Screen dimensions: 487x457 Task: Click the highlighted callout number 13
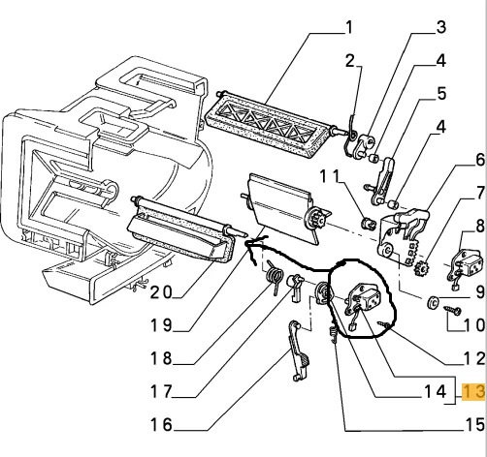click(x=474, y=391)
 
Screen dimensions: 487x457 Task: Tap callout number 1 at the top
click(x=348, y=27)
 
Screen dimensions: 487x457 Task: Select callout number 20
click(x=161, y=292)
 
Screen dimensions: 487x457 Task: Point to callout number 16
click(x=161, y=424)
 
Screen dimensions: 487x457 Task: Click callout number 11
click(x=330, y=177)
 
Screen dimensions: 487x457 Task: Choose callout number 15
click(x=474, y=425)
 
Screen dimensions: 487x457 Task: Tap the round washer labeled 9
click(x=433, y=302)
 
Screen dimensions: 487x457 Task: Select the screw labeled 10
click(x=453, y=311)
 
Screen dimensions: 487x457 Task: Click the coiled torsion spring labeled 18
click(x=275, y=278)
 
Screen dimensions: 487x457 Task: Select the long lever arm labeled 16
click(x=298, y=350)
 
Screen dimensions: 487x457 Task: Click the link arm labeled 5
click(x=383, y=181)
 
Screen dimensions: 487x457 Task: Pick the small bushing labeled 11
click(x=368, y=223)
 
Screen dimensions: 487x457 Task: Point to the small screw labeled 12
click(x=383, y=325)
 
